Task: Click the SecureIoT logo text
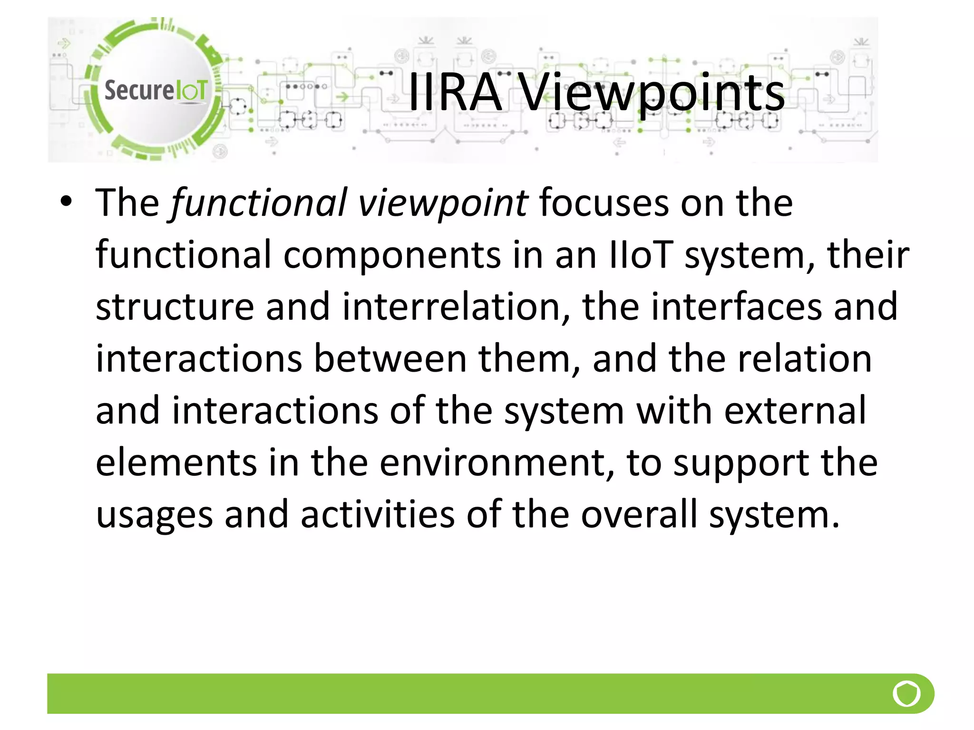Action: tap(156, 90)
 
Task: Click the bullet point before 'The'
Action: tap(66, 202)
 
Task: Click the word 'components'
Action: tap(392, 255)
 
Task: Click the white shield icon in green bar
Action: tap(906, 694)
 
